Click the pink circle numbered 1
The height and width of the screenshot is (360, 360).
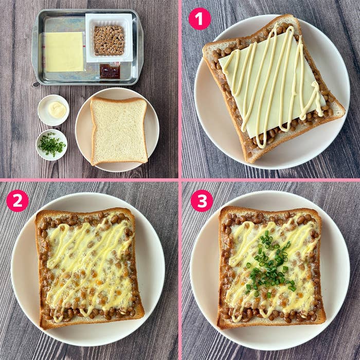point(200,19)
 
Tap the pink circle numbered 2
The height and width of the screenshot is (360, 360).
point(17,201)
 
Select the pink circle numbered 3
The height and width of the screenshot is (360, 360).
point(202,201)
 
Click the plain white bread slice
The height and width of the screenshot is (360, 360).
point(119,131)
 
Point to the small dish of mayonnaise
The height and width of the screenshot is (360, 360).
point(53,110)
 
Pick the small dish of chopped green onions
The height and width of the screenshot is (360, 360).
point(51,145)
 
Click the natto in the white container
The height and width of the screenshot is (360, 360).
point(109,41)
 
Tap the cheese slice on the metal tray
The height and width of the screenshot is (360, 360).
point(64,52)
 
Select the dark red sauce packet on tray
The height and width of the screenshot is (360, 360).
point(110,71)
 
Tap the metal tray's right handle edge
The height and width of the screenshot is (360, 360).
point(141,46)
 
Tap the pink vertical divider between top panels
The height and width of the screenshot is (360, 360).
point(180,89)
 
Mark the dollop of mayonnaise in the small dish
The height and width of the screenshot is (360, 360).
point(57,110)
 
